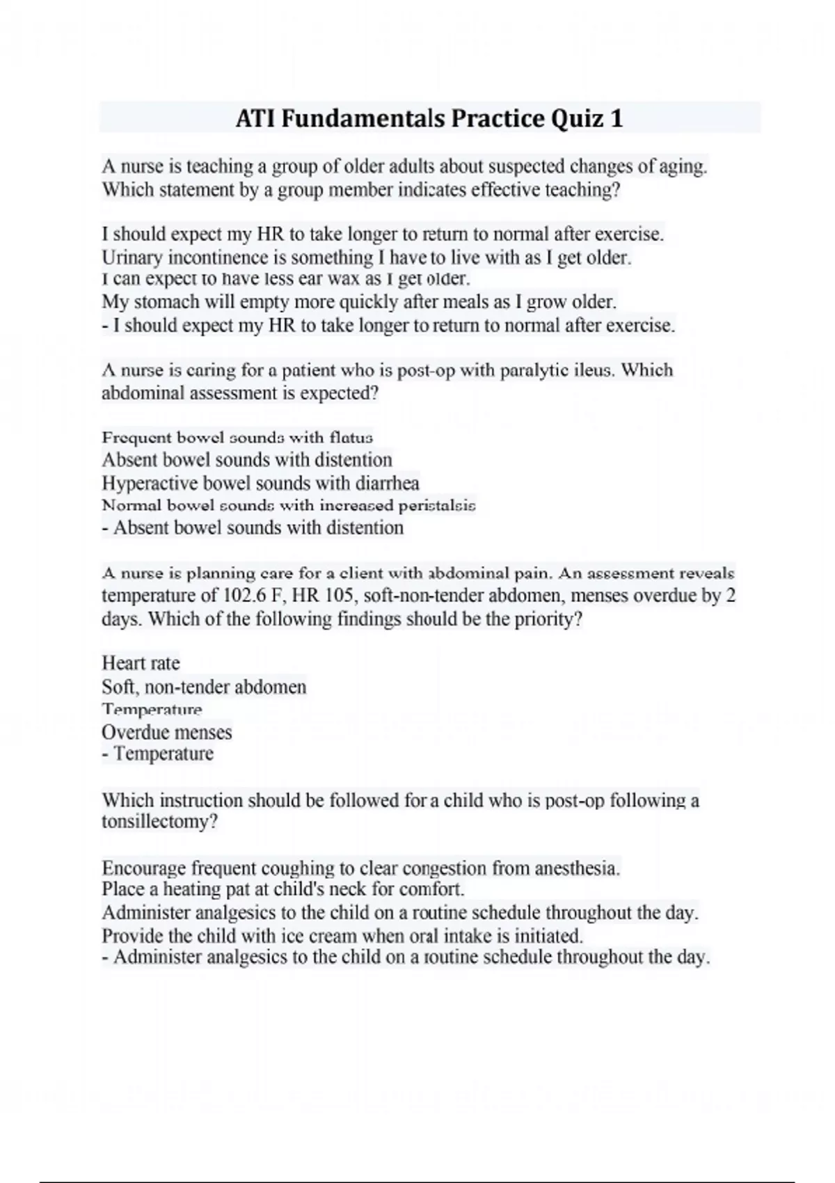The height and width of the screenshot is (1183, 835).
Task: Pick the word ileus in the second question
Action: coord(594,370)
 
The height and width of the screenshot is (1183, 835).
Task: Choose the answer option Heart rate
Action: coord(141,662)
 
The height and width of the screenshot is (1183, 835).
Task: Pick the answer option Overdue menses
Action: coord(167,732)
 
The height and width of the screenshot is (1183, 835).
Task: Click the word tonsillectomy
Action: coord(159,822)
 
